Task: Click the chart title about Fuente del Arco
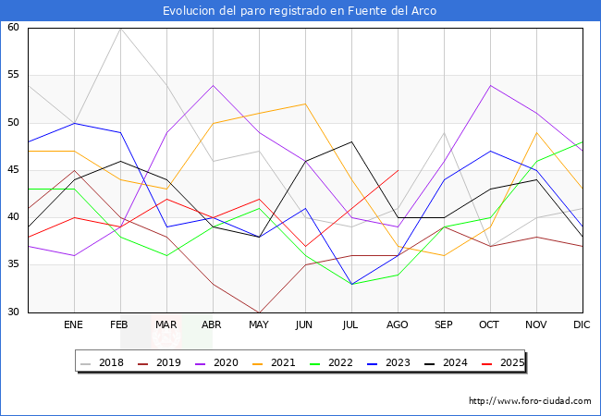(300, 10)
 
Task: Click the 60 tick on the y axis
(14, 28)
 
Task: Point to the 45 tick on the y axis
(14, 170)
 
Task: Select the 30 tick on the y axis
(14, 312)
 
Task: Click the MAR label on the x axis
(166, 325)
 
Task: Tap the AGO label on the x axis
(398, 325)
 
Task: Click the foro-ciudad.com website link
(530, 401)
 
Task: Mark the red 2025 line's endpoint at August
(398, 170)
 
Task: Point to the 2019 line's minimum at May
(259, 312)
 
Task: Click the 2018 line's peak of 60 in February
(120, 28)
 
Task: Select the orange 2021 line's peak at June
(305, 104)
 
